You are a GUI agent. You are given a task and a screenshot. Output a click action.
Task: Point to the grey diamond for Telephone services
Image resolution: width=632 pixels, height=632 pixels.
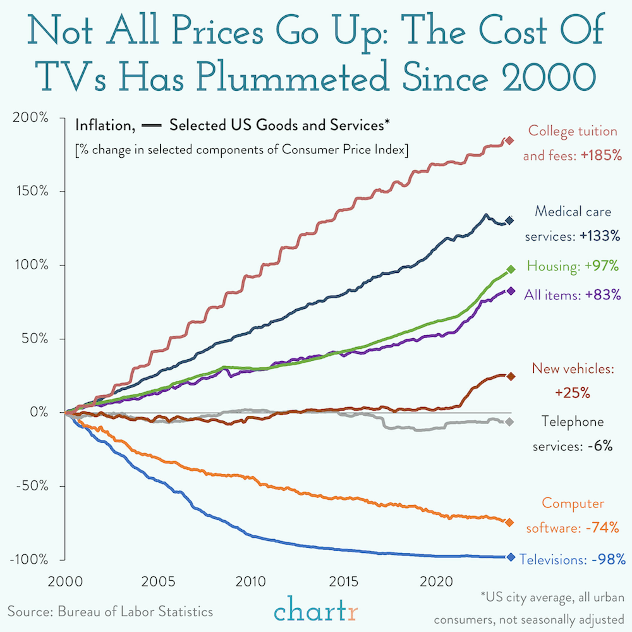pos(509,422)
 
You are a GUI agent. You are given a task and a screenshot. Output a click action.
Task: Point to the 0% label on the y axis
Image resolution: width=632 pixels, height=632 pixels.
pos(39,412)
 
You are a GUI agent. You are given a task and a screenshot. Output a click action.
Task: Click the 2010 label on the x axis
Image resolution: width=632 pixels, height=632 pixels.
pos(250,582)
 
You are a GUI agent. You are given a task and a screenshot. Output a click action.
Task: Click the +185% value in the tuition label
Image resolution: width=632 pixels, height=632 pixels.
pos(601,155)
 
